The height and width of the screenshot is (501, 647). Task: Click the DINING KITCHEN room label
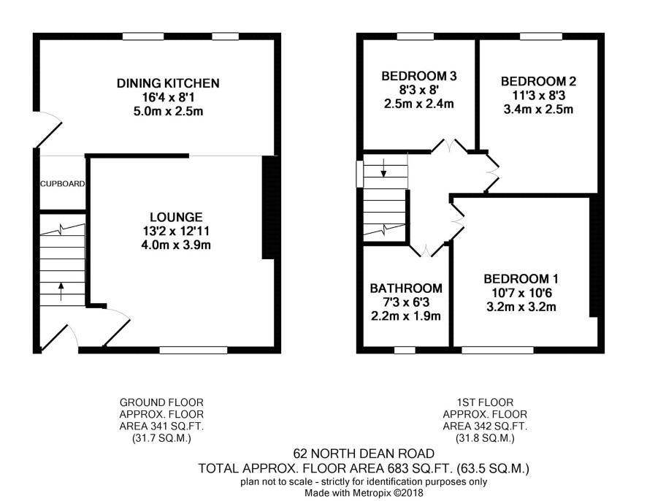tap(168, 83)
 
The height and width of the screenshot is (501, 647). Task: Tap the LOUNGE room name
tap(176, 217)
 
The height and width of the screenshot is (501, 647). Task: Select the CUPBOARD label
tap(63, 183)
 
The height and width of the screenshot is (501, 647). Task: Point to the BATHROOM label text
tap(406, 288)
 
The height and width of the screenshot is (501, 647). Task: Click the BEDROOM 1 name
tap(521, 279)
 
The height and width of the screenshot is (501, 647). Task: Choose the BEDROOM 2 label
tap(538, 81)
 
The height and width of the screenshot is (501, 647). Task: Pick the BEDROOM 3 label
tap(419, 76)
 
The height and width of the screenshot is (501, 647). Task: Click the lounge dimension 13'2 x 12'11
tap(176, 231)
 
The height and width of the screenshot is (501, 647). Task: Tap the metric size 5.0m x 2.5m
tap(169, 112)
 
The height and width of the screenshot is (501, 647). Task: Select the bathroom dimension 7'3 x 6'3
tap(407, 302)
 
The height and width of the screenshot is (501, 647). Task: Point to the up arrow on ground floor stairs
tap(61, 291)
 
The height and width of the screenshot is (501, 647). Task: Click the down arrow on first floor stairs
tap(383, 169)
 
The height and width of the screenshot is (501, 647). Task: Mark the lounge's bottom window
tap(194, 351)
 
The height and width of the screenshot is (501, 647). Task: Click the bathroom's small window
tap(405, 351)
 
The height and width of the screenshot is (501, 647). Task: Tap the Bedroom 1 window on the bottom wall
tap(497, 351)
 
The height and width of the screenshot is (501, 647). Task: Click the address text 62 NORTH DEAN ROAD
tap(364, 454)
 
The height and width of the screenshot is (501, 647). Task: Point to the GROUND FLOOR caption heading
tap(161, 402)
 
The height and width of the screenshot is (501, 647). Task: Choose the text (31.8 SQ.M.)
tap(485, 438)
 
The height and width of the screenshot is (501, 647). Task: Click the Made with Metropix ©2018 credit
tap(364, 493)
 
